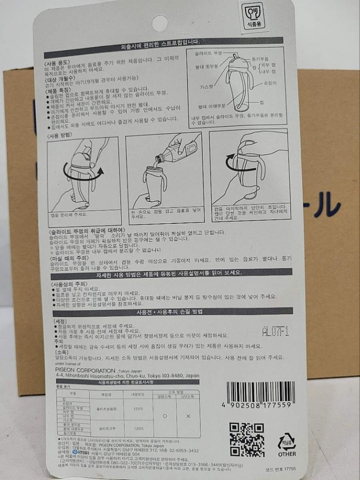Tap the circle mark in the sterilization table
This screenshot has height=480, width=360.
coord(165,415)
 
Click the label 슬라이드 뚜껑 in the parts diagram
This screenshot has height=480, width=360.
coord(211,53)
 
